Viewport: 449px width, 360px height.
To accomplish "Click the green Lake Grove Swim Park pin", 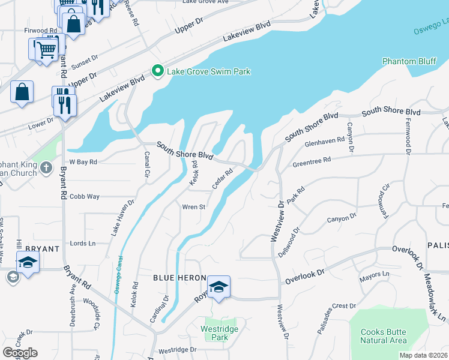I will pyautogui.click(x=158, y=71).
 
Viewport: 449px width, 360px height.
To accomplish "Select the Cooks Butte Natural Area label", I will pyautogui.click(x=383, y=336).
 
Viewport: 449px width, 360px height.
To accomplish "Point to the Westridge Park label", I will pyautogui.click(x=220, y=333).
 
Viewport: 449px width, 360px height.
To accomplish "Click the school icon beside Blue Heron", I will pyautogui.click(x=219, y=287).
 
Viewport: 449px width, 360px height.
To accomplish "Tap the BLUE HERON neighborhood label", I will pyautogui.click(x=179, y=278).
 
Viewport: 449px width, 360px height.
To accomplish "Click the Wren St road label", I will pyautogui.click(x=194, y=208).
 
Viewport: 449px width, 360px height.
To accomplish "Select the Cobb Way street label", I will pyautogui.click(x=84, y=196).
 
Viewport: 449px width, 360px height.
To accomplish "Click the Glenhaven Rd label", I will pyautogui.click(x=325, y=142).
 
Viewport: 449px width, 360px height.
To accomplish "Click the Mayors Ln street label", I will pyautogui.click(x=375, y=276).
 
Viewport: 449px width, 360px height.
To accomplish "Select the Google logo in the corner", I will pyautogui.click(x=20, y=353).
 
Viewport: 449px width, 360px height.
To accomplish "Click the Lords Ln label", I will pyautogui.click(x=83, y=244).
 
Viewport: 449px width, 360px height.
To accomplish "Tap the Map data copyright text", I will pyautogui.click(x=424, y=355).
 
